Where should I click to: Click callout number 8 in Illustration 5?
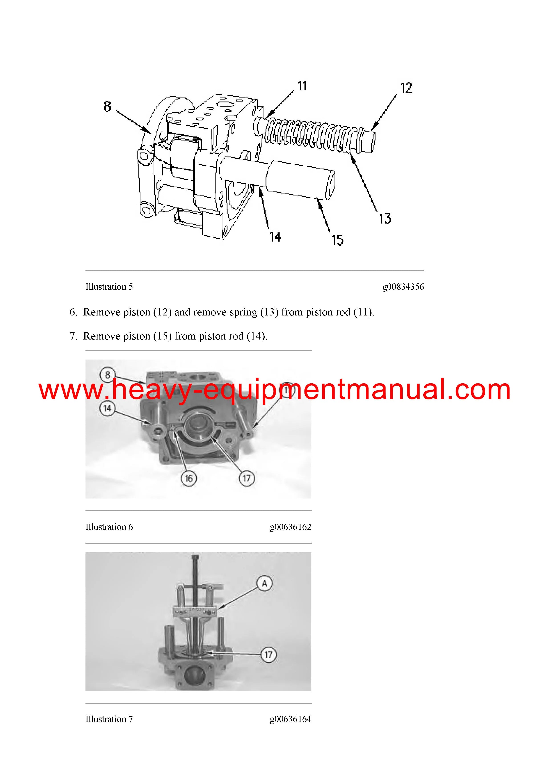(108, 106)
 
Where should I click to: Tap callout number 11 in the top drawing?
(302, 86)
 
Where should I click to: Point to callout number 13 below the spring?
(385, 218)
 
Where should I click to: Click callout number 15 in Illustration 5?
(338, 240)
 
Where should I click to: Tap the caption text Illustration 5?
(109, 287)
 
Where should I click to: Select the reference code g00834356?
(403, 287)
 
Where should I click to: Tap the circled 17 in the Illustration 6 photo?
(247, 478)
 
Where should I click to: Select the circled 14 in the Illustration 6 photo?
(107, 408)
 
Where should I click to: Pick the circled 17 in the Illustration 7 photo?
(268, 655)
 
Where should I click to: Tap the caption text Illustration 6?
(109, 527)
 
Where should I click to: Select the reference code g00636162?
(290, 527)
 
